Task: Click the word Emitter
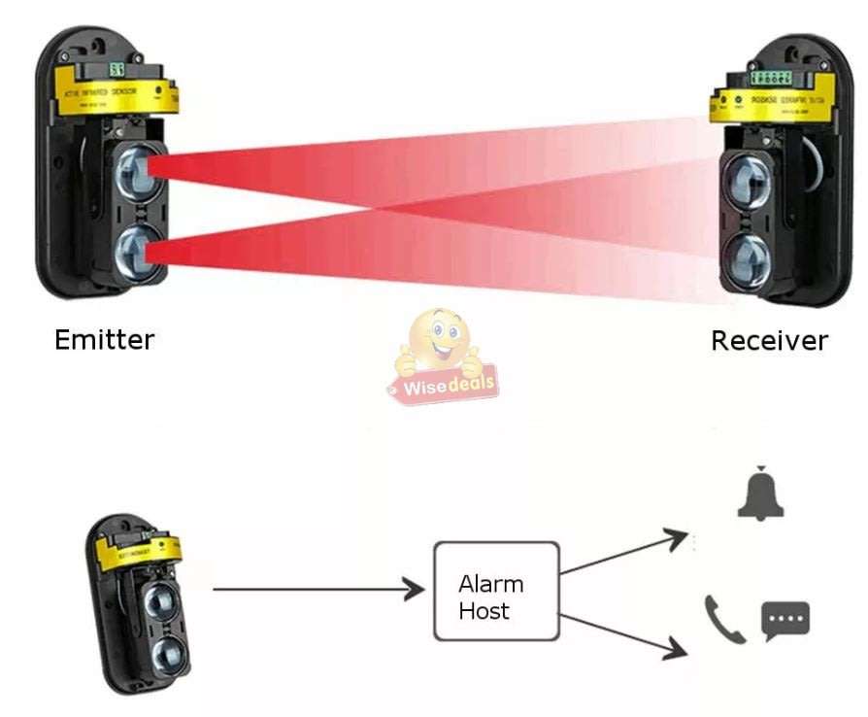(104, 340)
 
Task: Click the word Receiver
(769, 341)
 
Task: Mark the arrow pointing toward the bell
(625, 552)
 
